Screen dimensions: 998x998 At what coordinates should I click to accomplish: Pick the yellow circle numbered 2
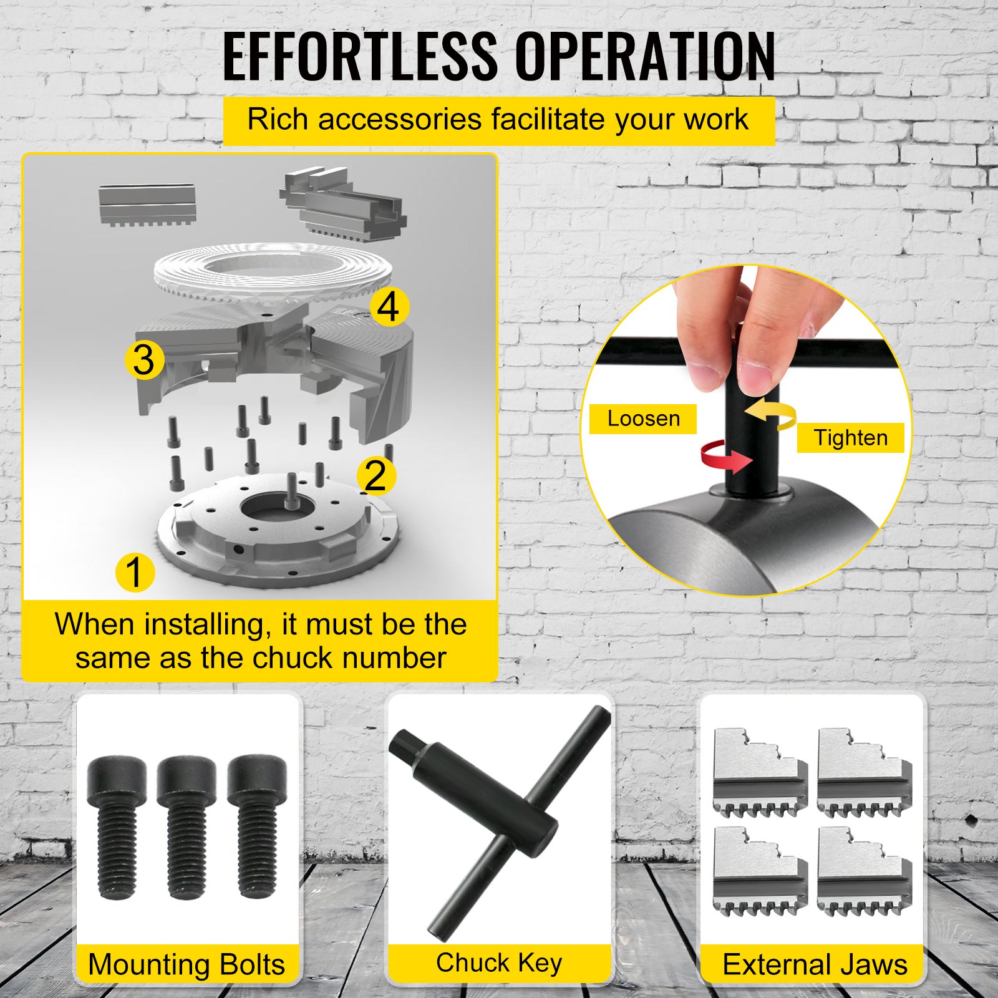point(376,475)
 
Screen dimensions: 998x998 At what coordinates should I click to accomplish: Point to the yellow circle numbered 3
point(144,360)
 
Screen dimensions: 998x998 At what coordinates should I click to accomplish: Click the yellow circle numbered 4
point(389,306)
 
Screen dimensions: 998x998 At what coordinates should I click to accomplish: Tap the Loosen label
point(643,419)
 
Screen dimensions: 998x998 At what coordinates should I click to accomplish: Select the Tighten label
point(850,438)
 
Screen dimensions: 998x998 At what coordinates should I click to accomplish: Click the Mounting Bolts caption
point(187,964)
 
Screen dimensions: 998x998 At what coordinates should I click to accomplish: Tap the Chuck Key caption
point(499,963)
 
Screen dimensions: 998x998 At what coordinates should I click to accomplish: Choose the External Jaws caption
point(815,964)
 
